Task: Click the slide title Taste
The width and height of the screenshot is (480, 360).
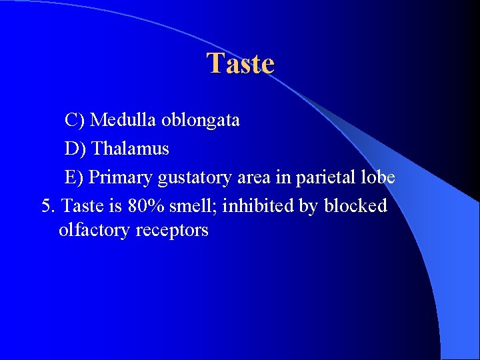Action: [x=240, y=64]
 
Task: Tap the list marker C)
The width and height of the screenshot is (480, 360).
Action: [x=75, y=120]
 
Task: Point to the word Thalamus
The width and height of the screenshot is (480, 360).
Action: [x=130, y=149]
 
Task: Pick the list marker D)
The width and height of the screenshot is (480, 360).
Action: [x=75, y=149]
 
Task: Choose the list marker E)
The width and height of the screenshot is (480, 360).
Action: [x=75, y=177]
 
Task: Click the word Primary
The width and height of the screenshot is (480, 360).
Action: [x=121, y=178]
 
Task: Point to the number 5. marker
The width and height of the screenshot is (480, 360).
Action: [x=49, y=206]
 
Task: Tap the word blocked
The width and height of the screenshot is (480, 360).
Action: [x=355, y=206]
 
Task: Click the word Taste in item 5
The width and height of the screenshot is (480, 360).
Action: [x=79, y=206]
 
